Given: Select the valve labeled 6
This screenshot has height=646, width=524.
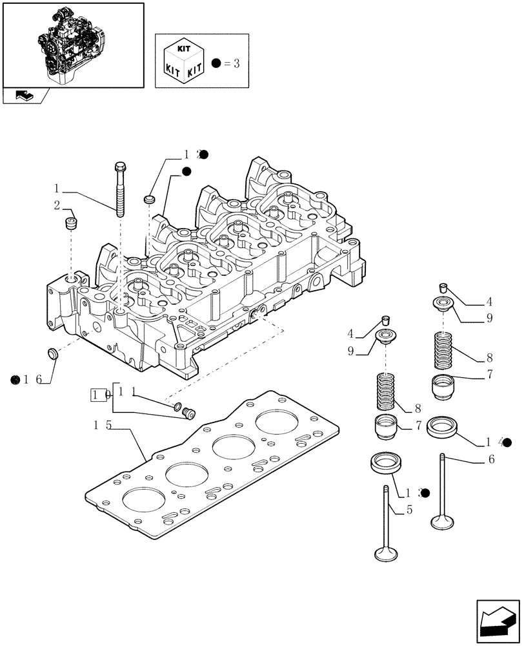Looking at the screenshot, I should (442, 491).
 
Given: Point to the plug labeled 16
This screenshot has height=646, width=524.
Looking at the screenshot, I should (50, 354).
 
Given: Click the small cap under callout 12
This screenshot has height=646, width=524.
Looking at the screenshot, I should (150, 198).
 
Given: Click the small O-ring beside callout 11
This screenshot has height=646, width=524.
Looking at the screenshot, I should (176, 406).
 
